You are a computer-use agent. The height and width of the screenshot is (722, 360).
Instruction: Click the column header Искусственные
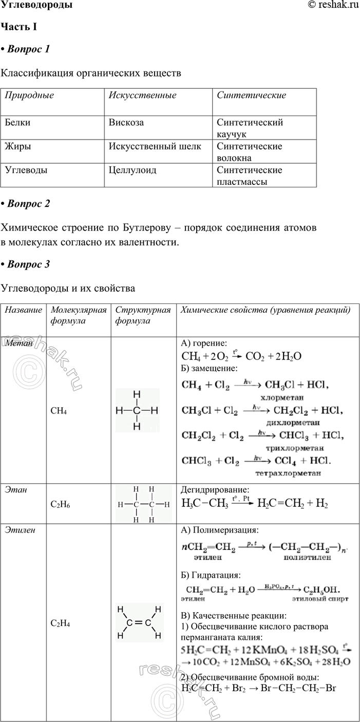(142, 95)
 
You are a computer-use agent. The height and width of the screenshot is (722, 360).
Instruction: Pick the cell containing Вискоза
(126, 123)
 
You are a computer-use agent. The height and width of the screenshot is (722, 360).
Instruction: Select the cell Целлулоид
(132, 170)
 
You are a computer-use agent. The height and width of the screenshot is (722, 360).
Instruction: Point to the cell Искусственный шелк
(155, 146)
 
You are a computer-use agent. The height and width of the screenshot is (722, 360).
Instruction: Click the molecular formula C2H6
(61, 505)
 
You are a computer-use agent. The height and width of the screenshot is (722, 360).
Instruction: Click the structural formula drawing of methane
(137, 410)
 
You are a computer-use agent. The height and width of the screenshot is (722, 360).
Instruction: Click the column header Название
(23, 310)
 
